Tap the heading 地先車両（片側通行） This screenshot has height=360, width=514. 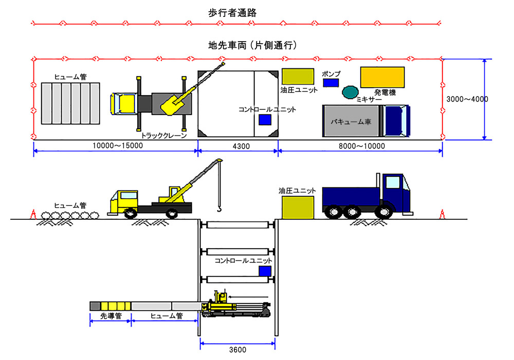tap(253, 46)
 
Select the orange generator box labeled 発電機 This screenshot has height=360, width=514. tap(382, 77)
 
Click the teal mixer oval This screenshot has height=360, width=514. tap(351, 92)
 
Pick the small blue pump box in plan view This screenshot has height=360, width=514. tap(331, 82)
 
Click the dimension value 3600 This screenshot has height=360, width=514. tap(237, 350)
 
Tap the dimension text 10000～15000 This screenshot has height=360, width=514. tap(118, 146)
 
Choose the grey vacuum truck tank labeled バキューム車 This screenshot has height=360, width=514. tap(353, 121)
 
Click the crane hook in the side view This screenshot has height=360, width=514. tap(218, 209)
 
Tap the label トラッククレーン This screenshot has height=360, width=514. tap(164, 135)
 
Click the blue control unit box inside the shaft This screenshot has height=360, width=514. tap(265, 271)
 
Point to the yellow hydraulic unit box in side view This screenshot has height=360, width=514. tap(299, 207)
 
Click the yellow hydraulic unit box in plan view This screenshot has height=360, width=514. tap(298, 76)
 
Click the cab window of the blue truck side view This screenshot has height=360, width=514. tap(393, 182)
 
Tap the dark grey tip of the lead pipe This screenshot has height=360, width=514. tap(95, 306)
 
